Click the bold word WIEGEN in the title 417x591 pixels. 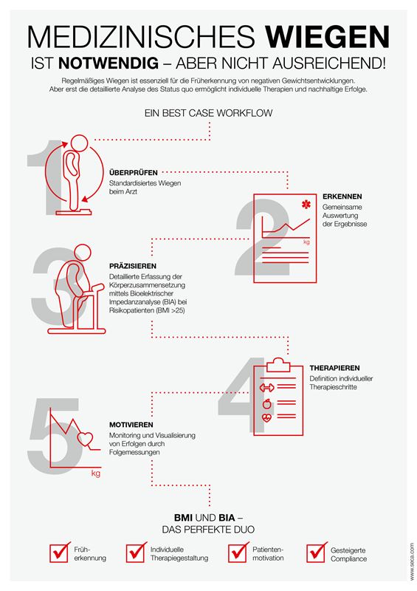[328, 37]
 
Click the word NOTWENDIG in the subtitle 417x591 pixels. [108, 63]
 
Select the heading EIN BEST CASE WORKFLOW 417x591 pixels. [208, 113]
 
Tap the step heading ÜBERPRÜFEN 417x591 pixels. [134, 173]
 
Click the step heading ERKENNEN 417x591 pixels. [342, 197]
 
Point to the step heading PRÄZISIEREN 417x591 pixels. [133, 266]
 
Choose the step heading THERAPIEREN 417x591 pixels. [334, 368]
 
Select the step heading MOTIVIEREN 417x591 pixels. [131, 425]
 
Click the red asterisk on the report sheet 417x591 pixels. [306, 205]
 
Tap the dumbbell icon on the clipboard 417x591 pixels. [266, 387]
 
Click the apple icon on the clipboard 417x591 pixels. [266, 403]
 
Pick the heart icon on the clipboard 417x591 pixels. [266, 417]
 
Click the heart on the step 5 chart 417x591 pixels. [85, 438]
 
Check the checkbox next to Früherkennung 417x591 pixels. [60, 553]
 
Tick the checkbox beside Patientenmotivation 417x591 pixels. [238, 553]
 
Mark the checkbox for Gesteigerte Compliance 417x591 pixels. [317, 553]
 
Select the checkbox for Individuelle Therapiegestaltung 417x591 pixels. [136, 553]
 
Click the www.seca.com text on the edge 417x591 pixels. [411, 561]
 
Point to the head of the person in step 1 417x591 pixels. [79, 143]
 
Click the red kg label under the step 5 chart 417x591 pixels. [96, 473]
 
